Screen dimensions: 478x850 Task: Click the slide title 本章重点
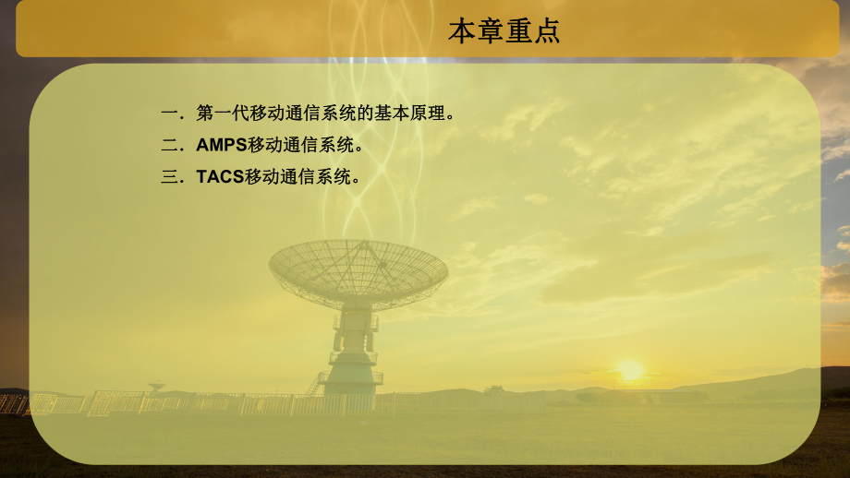pos(504,31)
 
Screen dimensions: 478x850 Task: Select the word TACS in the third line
pos(220,176)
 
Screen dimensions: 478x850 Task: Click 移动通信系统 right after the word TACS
pos(298,176)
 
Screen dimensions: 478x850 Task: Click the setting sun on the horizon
pos(630,370)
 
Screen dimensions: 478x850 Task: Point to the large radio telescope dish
pos(358,272)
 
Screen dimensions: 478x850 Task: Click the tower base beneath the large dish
pos(351,364)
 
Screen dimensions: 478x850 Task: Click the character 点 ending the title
pos(546,31)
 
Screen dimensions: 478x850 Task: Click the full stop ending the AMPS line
pos(359,148)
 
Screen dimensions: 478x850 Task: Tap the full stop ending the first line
pos(450,116)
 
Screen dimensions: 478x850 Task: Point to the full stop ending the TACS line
pos(356,179)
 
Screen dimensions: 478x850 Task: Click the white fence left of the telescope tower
pos(185,403)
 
